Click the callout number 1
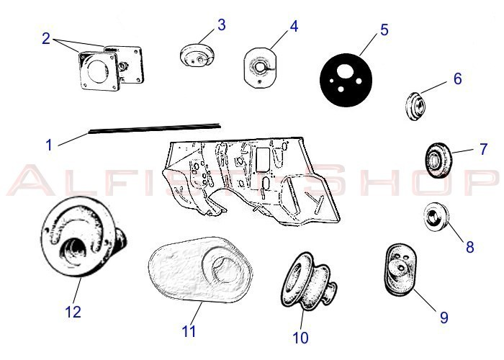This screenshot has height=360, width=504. (49, 145)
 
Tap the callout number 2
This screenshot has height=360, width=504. (46, 39)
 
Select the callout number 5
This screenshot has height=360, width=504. (384, 30)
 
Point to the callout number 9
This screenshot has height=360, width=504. (444, 318)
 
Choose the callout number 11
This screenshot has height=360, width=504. (189, 331)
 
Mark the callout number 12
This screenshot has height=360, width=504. (73, 312)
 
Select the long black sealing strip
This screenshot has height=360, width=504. (155, 127)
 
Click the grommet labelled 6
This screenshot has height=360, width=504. (415, 106)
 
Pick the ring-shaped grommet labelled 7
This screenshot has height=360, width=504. (438, 161)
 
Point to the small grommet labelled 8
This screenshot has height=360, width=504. (436, 217)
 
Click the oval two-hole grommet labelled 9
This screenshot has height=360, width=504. (401, 270)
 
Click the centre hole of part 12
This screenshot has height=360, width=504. (75, 252)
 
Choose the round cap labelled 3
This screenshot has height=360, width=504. (197, 56)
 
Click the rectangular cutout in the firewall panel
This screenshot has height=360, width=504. (263, 159)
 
